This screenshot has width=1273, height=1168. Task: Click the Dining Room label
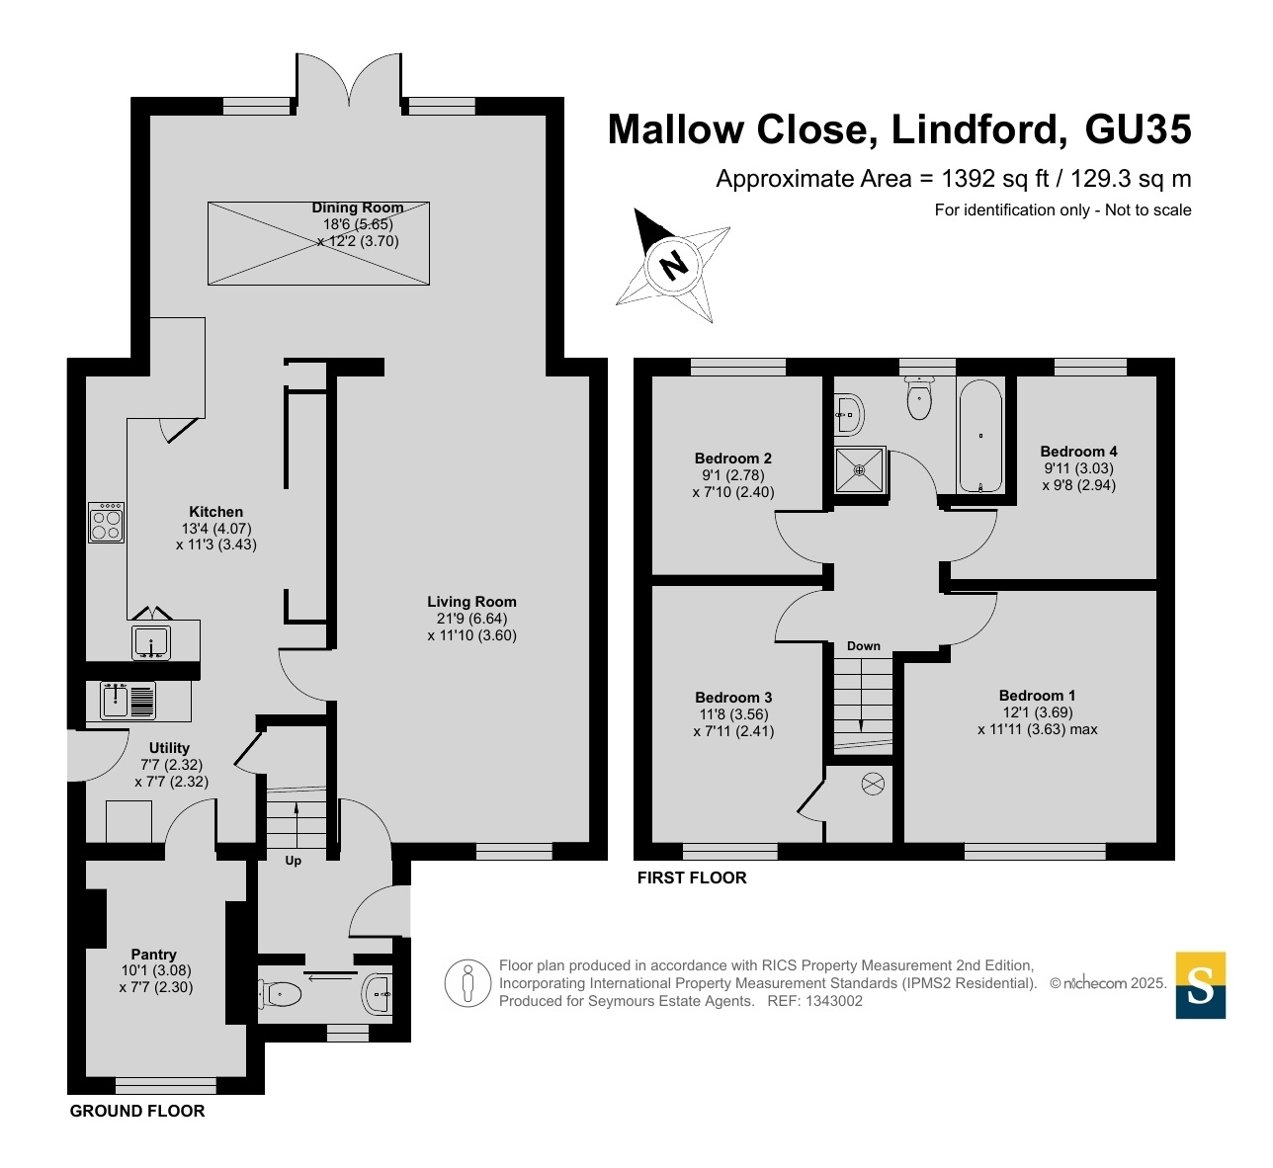point(357,208)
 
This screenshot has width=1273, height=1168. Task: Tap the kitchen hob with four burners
point(106,523)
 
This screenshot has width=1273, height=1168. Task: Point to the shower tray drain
point(859,470)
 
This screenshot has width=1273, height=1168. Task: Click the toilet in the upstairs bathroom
point(919,398)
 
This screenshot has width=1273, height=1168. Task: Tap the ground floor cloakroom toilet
point(280,993)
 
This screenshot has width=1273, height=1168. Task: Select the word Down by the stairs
point(863,646)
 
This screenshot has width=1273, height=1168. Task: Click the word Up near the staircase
point(293,861)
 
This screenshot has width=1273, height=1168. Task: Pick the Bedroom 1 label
point(1037,696)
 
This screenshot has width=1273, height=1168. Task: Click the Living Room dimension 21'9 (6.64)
point(467,619)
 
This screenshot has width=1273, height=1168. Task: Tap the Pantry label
point(153,955)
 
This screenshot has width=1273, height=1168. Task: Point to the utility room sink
point(127,701)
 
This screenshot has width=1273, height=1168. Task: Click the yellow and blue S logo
point(1200,985)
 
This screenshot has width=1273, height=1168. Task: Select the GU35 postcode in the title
point(1138,129)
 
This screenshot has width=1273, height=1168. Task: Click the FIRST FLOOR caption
point(692,877)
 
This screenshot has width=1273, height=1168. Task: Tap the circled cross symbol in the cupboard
point(873,785)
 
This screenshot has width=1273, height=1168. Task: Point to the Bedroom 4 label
point(1079,451)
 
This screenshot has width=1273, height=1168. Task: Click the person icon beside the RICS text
point(467,983)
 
